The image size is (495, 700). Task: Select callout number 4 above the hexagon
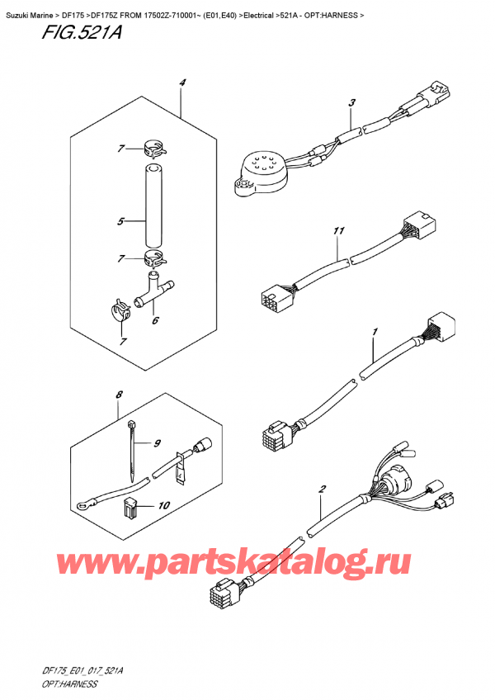181,83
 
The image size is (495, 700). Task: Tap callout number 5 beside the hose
120,221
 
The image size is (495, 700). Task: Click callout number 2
322,490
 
